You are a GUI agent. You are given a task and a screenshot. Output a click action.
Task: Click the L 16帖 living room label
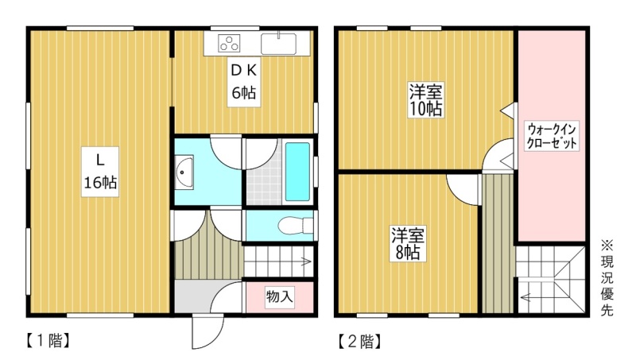coord(100,172)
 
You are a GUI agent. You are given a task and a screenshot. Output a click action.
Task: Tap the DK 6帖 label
coord(244,82)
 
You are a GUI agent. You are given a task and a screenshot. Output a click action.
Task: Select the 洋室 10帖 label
coord(425,99)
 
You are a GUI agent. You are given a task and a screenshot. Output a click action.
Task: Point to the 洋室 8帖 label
coord(408,243)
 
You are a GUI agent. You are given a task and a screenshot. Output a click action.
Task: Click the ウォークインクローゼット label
coord(551,136)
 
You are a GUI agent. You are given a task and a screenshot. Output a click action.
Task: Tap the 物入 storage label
coord(280,296)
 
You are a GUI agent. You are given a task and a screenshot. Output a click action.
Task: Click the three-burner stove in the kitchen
coord(229,44)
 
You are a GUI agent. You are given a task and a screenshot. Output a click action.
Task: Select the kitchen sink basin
coord(278,44)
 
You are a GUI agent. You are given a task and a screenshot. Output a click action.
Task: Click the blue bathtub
coord(297,172)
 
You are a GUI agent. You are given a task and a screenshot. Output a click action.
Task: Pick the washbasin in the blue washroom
coord(184,172)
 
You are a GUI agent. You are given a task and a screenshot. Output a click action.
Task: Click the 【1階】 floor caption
coord(48,341)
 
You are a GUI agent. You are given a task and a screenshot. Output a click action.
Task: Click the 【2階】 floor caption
coord(359,341)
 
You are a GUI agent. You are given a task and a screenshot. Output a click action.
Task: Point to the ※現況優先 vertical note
coord(607,278)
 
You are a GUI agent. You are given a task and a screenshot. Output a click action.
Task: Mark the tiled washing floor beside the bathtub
coord(264,184)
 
